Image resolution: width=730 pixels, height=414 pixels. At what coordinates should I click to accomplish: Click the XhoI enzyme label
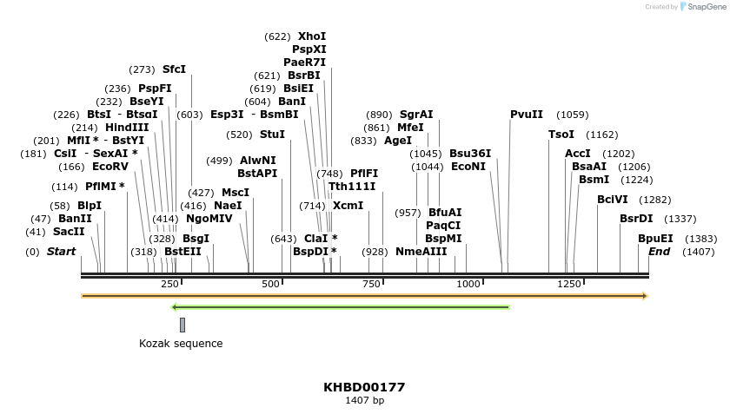tap(311, 36)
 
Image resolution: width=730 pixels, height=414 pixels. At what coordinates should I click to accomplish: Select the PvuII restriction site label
tap(526, 115)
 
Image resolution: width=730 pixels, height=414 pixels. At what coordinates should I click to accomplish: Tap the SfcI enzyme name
tap(174, 69)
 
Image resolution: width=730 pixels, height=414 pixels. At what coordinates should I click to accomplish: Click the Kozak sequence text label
tap(181, 344)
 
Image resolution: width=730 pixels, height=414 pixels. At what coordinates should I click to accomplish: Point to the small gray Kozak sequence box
tap(182, 325)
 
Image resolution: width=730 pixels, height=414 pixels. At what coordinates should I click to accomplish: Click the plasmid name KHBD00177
tap(364, 387)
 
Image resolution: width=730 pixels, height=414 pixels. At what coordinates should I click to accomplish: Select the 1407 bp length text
tap(364, 400)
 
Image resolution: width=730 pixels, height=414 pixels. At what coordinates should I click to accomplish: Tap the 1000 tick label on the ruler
tap(468, 284)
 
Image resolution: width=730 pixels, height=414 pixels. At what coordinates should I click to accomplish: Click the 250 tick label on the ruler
tap(170, 284)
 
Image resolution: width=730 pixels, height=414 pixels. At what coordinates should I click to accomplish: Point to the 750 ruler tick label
tap(371, 284)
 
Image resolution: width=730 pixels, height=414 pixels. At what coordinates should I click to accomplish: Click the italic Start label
tap(61, 252)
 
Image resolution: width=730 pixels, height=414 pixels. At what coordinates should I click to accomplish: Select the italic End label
tap(659, 252)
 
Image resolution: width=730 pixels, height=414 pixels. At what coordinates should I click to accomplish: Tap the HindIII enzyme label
tap(127, 128)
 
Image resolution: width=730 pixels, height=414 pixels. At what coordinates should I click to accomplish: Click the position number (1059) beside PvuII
tap(572, 115)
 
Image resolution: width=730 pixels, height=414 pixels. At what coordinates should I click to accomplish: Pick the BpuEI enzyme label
tap(655, 239)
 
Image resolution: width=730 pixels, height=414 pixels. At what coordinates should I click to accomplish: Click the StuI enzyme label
tap(272, 135)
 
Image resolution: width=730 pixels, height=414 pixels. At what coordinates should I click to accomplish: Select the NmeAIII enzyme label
tap(421, 252)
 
